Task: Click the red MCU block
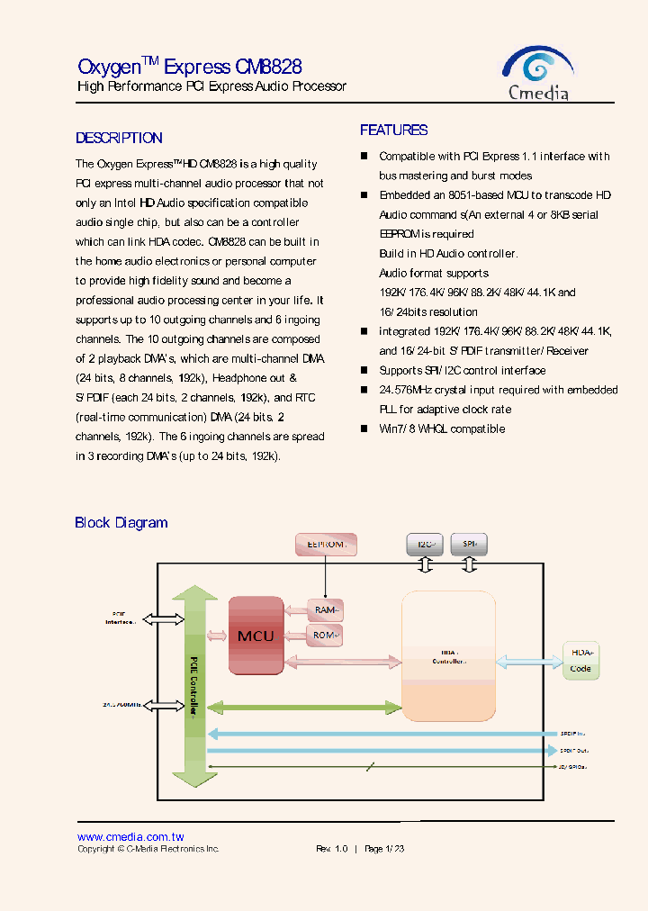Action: pos(256,635)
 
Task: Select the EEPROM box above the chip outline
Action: pos(326,544)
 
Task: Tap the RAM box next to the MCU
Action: pos(325,610)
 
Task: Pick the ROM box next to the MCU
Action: pos(325,636)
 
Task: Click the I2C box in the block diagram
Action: pos(426,544)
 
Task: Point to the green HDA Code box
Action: pos(581,660)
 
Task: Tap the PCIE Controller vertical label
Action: pos(193,685)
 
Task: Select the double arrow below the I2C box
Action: pos(426,564)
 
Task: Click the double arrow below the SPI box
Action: pos(469,564)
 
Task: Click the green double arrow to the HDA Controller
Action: pos(304,708)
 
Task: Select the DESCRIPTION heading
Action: pos(119,138)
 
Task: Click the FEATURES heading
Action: pos(394,130)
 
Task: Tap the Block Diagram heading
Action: pos(121,522)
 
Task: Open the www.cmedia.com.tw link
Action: pos(130,837)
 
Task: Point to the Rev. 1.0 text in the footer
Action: pos(331,849)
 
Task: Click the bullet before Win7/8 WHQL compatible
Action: pos(364,428)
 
